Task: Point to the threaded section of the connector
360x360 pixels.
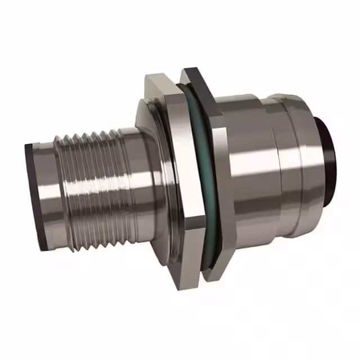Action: point(90,186)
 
